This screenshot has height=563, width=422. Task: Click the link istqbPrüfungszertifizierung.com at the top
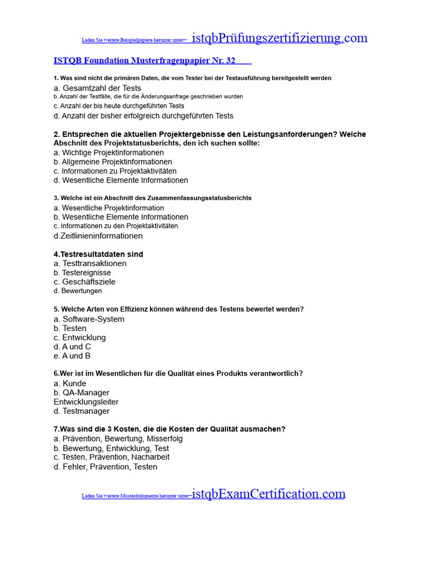280,38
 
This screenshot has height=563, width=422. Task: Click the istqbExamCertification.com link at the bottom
269,494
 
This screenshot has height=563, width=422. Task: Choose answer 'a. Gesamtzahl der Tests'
97,88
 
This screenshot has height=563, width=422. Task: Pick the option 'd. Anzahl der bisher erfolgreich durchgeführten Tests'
143,115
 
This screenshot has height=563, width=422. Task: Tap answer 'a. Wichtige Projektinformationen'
109,152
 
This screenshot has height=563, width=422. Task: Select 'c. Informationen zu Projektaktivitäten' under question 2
115,171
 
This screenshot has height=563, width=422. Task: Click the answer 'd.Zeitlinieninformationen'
98,236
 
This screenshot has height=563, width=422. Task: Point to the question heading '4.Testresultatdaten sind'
98,254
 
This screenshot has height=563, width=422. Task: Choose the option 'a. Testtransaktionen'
90,263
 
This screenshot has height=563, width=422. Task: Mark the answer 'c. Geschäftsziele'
85,281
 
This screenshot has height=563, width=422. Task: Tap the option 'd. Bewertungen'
77,291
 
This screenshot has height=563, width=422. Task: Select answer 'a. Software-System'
89,319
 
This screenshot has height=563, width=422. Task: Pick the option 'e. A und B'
72,356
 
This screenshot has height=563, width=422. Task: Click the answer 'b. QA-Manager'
81,393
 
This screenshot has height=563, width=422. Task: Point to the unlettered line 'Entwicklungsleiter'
86,402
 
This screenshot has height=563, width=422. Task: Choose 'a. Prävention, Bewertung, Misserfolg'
118,439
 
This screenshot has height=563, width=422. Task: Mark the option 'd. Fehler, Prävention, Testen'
105,467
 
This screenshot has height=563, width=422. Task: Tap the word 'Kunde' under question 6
74,383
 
